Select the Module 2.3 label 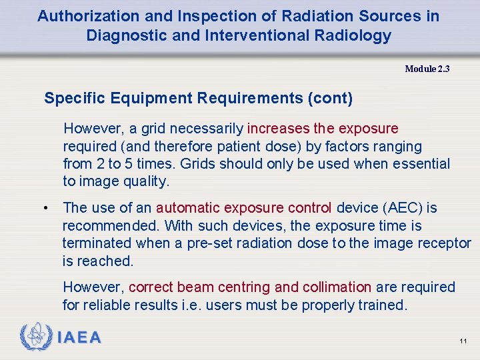tap(427, 69)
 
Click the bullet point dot tap(44, 209)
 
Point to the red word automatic tap(188, 208)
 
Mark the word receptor tap(444, 243)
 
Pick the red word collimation tap(337, 287)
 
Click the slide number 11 tap(463, 341)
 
